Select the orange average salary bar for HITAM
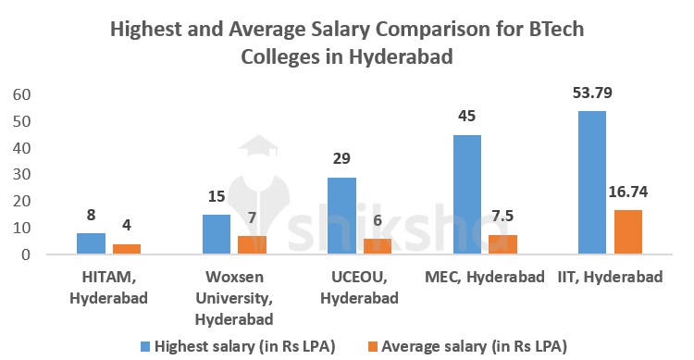(127, 249)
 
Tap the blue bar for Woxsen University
(216, 234)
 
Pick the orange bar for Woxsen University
(252, 244)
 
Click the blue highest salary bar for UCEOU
(341, 216)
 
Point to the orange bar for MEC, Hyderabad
(502, 244)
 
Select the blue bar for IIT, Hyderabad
(591, 182)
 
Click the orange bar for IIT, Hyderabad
(627, 231)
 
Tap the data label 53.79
(592, 93)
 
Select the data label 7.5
(502, 216)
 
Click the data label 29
(341, 159)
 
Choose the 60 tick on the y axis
(21, 94)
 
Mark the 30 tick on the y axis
(21, 174)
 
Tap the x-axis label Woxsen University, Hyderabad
(236, 298)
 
